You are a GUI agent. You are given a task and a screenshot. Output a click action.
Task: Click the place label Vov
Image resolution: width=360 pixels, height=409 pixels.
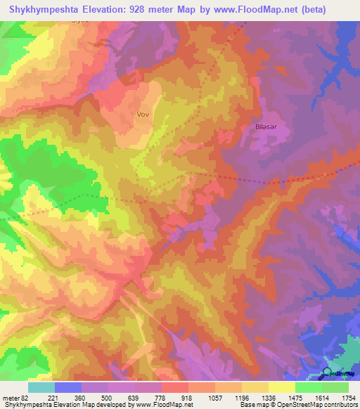click(x=143, y=113)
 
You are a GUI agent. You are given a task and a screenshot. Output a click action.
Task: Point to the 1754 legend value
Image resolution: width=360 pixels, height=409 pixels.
click(x=349, y=397)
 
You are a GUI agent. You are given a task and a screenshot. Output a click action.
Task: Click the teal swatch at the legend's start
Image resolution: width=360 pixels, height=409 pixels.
click(x=41, y=387)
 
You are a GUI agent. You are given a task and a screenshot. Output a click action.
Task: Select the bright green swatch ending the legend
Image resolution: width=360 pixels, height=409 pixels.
click(x=335, y=387)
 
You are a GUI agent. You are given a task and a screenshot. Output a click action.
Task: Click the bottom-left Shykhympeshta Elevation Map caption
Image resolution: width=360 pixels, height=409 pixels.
click(x=42, y=405)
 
